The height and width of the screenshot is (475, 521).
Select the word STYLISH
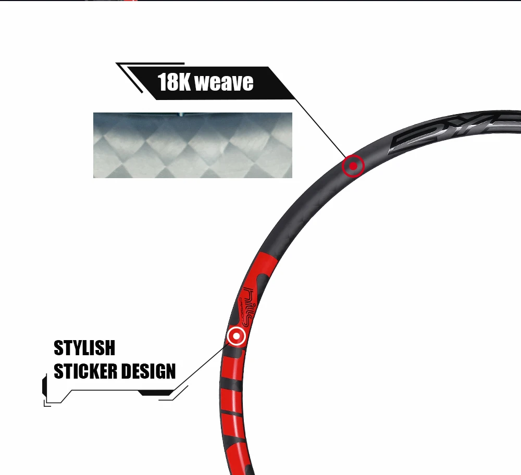(84, 348)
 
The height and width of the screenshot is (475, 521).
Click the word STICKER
(85, 371)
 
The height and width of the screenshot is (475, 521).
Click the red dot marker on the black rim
(353, 166)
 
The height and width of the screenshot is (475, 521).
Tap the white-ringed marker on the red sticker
(237, 336)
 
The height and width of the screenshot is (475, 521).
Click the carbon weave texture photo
(192, 145)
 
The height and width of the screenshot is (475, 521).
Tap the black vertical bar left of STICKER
(44, 386)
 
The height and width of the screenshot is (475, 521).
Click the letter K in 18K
(184, 82)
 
